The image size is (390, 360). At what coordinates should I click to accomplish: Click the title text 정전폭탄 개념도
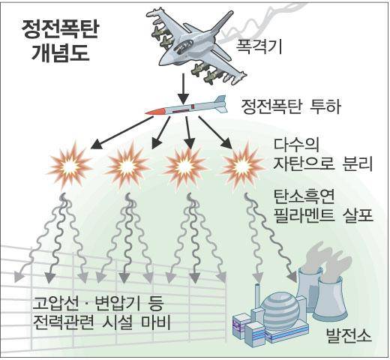59,41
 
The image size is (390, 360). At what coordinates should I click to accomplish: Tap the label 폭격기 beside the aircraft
259,46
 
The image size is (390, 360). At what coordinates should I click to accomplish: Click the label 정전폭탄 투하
290,106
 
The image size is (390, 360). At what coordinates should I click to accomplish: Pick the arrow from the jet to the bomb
184,89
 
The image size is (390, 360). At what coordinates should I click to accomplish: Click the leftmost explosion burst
70,166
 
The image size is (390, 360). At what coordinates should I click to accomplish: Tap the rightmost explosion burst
242,166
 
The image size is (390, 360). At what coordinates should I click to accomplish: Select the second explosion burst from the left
127,166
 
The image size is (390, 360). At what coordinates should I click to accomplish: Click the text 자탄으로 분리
323,163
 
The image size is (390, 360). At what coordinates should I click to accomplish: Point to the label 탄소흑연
304,196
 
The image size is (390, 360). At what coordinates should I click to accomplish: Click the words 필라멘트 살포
323,214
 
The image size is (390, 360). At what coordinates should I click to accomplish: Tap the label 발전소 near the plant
349,335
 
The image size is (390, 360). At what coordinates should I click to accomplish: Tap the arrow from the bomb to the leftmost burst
121,133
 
